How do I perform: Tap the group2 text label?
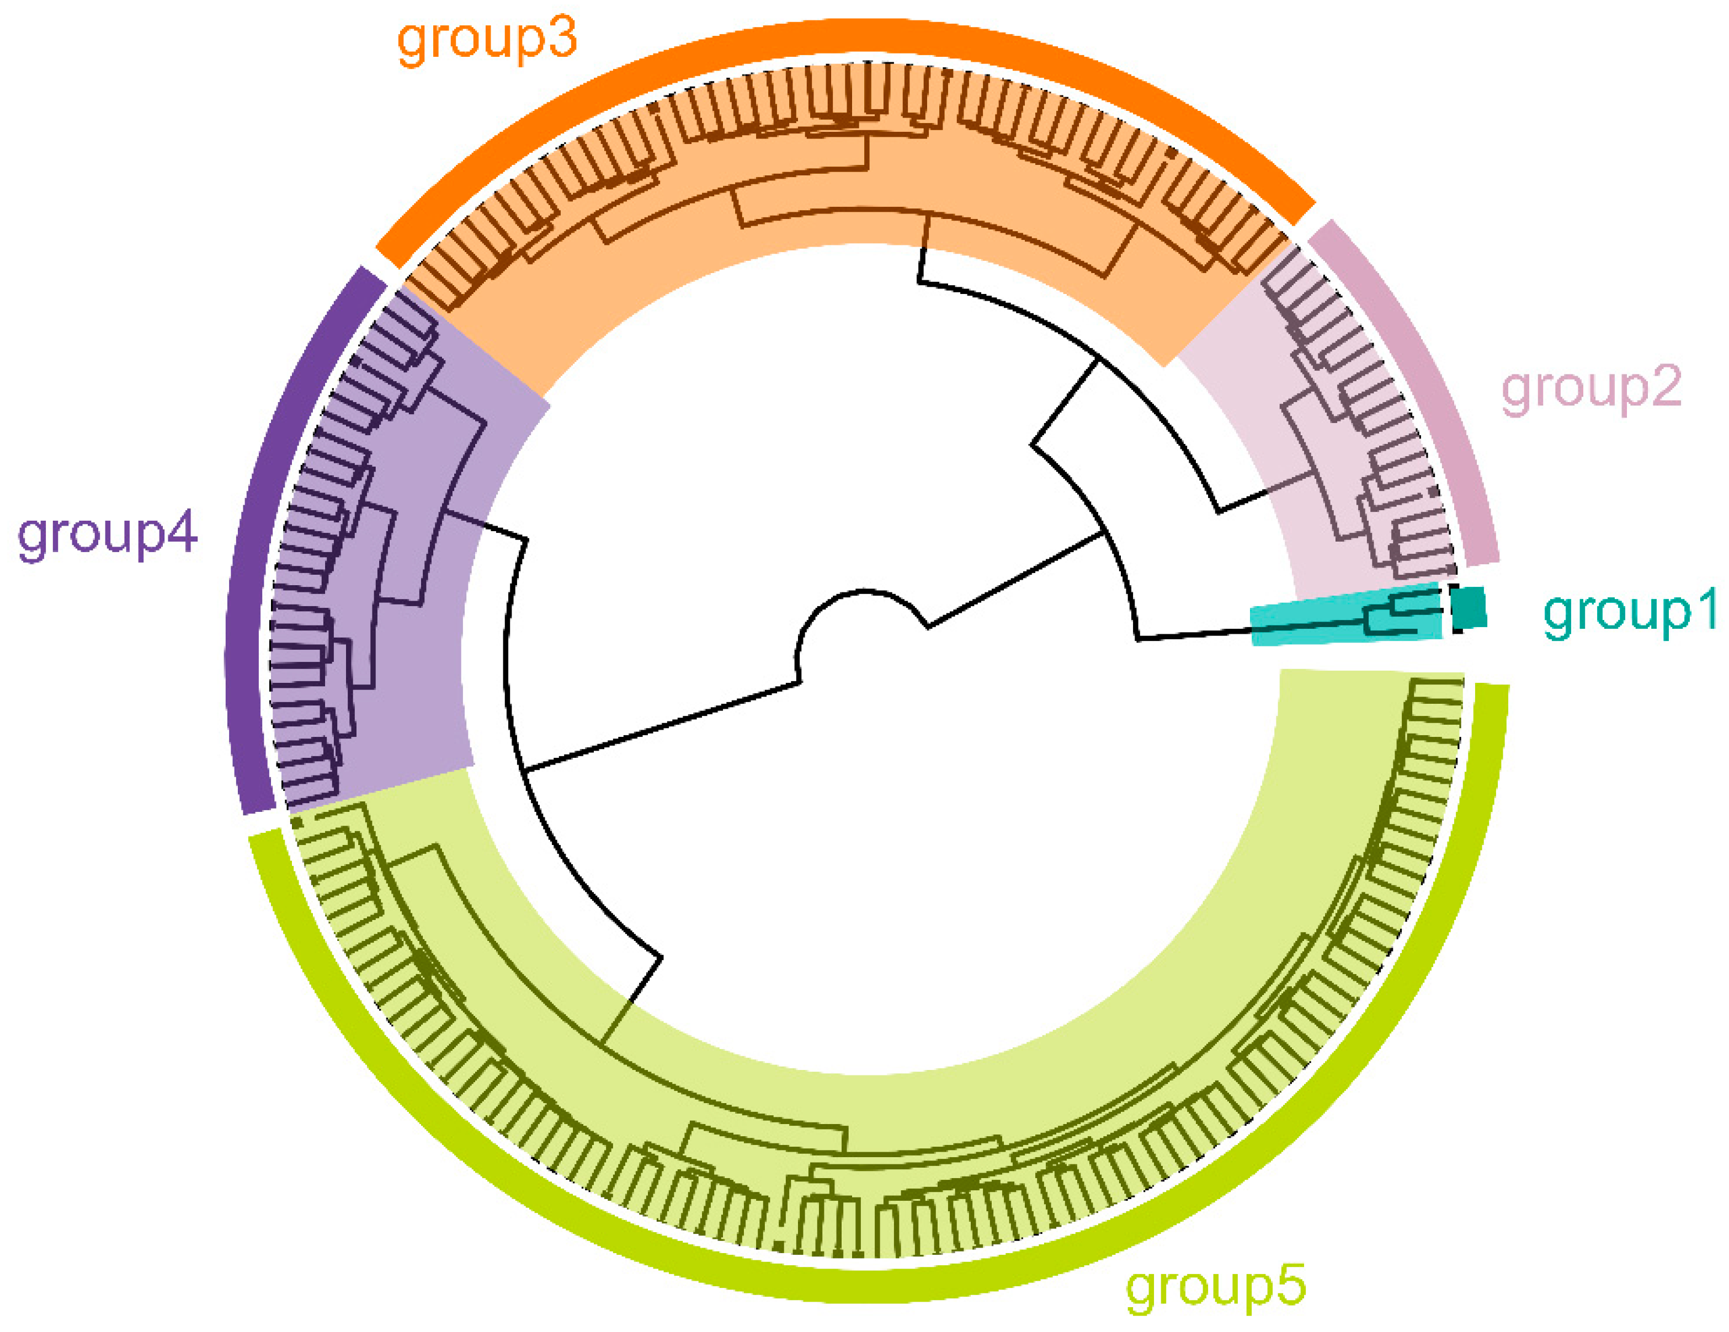[x=1591, y=389]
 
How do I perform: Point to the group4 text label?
[x=107, y=535]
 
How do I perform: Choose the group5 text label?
[x=1215, y=1288]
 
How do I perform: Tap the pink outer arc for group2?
[x=1425, y=380]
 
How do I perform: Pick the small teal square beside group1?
[x=1471, y=608]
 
